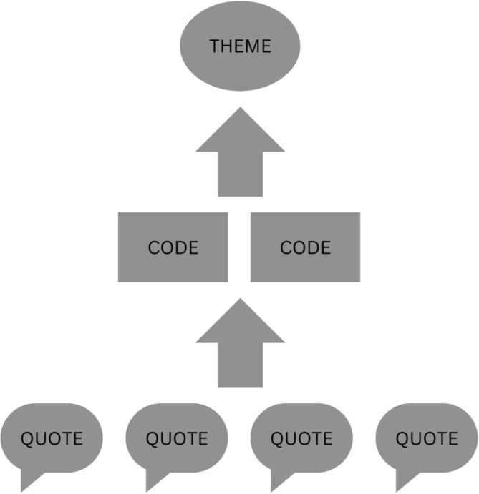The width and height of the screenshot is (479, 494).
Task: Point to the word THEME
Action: point(241,46)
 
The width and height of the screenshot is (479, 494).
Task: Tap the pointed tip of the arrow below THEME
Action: point(241,112)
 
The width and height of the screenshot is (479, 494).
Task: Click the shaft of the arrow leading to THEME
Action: point(241,175)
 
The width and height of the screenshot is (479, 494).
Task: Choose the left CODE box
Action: point(173,247)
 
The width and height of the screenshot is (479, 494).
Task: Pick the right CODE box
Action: point(305,247)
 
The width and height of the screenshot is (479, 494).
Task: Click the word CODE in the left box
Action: point(173,248)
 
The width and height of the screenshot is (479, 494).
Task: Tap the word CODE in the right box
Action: point(305,248)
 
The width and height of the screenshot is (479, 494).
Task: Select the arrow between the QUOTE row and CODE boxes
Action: point(241,350)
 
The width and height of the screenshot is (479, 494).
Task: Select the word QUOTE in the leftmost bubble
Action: point(52,438)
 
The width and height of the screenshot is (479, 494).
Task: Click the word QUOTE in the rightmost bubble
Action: point(427,438)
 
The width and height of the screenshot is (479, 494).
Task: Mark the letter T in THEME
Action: point(213,46)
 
